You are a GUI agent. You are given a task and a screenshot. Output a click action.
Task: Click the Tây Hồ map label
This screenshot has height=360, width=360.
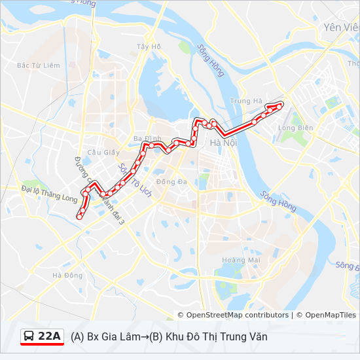point(149,46)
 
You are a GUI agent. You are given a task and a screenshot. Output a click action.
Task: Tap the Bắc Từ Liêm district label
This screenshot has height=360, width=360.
point(39,65)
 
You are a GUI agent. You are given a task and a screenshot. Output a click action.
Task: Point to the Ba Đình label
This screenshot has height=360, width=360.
point(147,139)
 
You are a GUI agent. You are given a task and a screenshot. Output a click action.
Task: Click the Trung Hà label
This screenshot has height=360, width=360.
point(246,101)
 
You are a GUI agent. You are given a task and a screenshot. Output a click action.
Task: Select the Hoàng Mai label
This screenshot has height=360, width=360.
point(242,260)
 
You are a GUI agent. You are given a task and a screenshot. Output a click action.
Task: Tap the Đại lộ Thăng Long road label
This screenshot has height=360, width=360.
point(49,194)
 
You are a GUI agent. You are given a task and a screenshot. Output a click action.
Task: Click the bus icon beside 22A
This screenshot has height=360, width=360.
point(29,336)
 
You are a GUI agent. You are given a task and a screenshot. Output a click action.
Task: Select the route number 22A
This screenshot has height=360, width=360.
point(50,336)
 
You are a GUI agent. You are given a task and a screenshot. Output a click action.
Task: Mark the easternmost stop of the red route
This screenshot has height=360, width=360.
point(280,105)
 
